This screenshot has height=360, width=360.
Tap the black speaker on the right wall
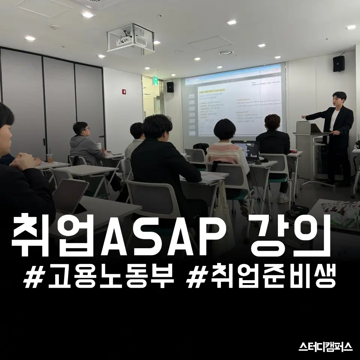click(339, 63)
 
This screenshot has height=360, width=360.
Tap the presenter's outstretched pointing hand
click(303, 117)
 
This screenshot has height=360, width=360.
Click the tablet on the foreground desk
click(70, 195)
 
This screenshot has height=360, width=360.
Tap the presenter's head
click(339, 99)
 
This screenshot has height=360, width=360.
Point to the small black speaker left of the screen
click(170, 87)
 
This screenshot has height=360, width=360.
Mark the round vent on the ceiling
click(226, 52)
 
